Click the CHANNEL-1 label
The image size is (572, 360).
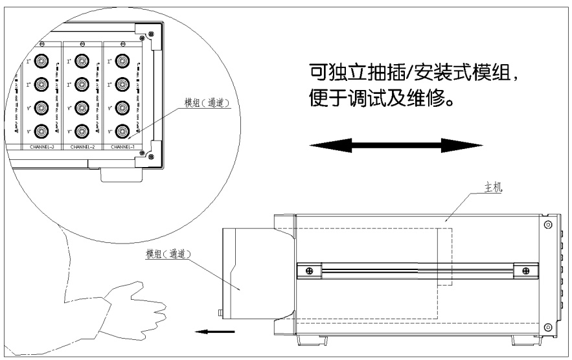click(122, 148)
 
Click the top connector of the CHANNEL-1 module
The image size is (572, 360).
click(122, 62)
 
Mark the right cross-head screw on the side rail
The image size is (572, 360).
click(520, 271)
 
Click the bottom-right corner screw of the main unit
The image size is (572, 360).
click(547, 326)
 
